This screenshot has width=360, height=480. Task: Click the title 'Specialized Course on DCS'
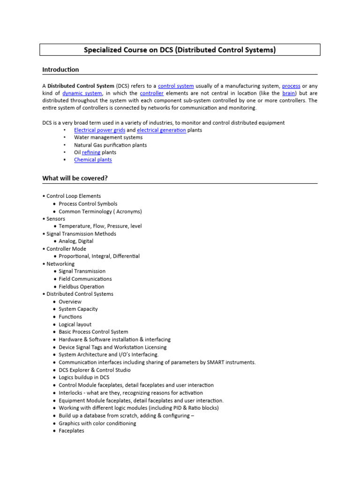(x=180, y=50)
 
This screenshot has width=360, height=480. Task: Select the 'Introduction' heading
(x=60, y=70)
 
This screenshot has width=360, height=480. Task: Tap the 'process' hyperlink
(x=291, y=86)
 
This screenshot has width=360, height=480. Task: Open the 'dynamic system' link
(x=82, y=93)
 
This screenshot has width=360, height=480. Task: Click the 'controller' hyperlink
(x=152, y=93)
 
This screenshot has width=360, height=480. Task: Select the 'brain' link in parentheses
(x=289, y=93)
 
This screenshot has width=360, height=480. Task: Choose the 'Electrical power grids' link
(x=99, y=130)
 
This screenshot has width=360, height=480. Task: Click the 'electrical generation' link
(x=161, y=130)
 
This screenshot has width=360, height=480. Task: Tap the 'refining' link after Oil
(x=91, y=152)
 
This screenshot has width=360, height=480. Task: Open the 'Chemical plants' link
(x=93, y=160)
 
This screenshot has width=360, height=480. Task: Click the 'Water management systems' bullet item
(x=108, y=137)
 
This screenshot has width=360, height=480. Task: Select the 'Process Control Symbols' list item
(x=88, y=204)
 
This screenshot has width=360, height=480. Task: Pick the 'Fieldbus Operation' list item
(x=82, y=286)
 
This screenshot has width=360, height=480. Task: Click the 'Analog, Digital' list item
(x=76, y=241)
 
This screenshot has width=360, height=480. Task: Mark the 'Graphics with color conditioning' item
(x=97, y=423)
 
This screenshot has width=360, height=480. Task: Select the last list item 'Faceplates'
(x=71, y=431)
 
